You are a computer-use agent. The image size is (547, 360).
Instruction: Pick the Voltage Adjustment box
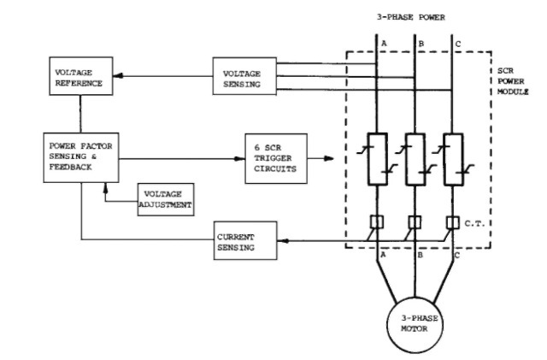[166, 200]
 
